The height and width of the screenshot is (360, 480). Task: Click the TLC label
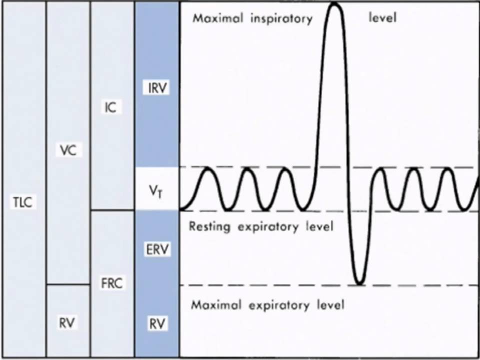tap(22, 203)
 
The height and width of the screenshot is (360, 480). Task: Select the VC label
tap(67, 150)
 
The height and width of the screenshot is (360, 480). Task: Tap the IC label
tap(111, 107)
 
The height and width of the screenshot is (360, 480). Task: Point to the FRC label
tap(111, 283)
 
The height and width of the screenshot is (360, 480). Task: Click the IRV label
tap(156, 89)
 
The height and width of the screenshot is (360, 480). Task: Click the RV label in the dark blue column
tap(156, 323)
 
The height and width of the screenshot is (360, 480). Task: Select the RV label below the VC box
tap(67, 322)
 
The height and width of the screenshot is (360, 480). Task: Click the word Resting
tap(209, 227)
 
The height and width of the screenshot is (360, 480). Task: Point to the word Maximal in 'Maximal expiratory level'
tap(212, 305)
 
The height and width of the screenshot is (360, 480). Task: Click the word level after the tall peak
tap(382, 19)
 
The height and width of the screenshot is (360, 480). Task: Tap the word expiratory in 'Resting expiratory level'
tap(267, 228)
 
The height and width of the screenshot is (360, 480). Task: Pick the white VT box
tap(156, 188)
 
